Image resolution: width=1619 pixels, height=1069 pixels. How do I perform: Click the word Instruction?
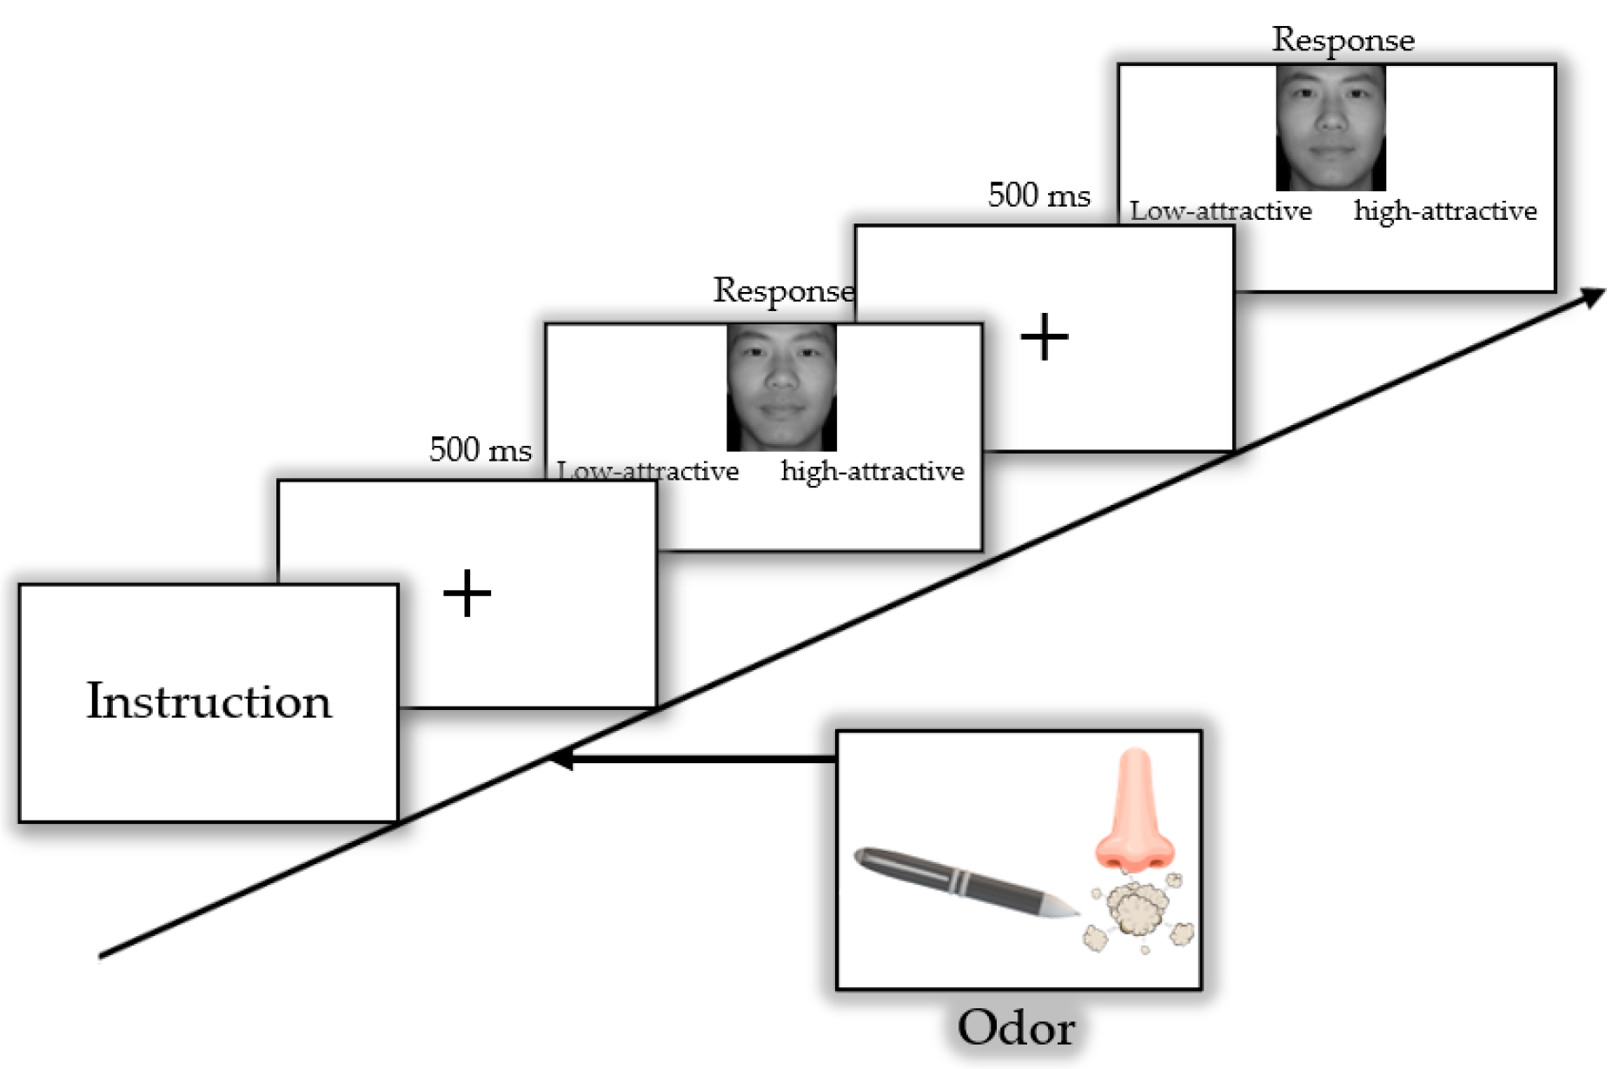click(x=209, y=701)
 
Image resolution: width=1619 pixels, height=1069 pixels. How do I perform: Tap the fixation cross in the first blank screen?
click(x=468, y=594)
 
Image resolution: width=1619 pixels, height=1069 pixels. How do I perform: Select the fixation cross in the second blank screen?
click(x=1044, y=337)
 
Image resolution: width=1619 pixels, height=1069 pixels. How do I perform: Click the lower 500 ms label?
click(x=480, y=450)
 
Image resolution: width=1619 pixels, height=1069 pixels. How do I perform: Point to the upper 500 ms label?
click(x=1038, y=196)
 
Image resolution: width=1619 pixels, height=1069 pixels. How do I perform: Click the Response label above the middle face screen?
click(x=783, y=290)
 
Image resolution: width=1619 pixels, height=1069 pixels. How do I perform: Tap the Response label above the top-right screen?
click(x=1343, y=40)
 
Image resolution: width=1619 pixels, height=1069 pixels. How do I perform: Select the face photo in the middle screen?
click(x=781, y=388)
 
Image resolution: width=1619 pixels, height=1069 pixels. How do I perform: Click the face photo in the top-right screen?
click(x=1330, y=128)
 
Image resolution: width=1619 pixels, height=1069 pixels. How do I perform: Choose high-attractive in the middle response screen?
click(x=872, y=471)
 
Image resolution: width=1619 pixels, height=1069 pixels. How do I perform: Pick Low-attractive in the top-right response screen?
click(x=1220, y=211)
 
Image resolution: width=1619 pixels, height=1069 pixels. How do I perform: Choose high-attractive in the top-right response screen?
click(x=1444, y=211)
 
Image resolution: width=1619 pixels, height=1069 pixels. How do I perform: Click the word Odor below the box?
click(x=1016, y=1027)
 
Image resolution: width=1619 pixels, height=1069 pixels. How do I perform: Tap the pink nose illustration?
click(x=1134, y=813)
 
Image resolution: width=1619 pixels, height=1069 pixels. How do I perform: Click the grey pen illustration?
click(x=956, y=880)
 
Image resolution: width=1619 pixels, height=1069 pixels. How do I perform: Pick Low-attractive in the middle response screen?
click(x=647, y=470)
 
